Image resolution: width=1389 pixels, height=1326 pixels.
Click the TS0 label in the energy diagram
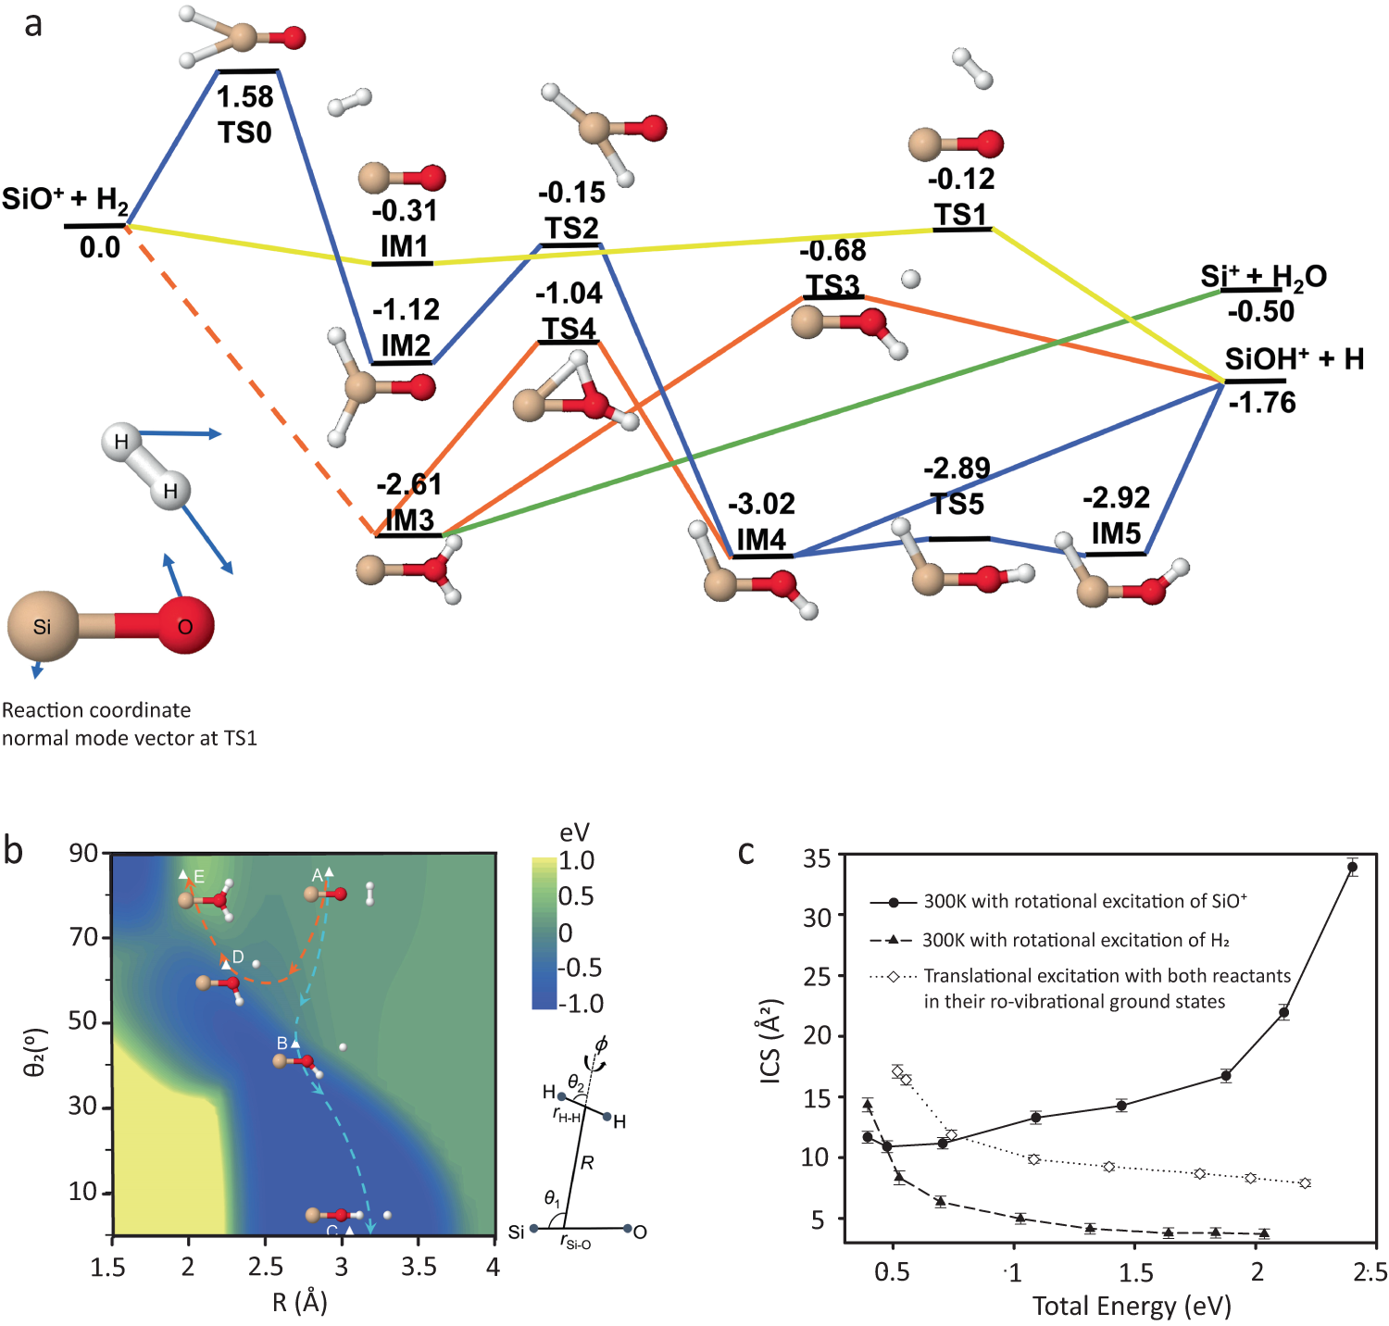[x=244, y=132]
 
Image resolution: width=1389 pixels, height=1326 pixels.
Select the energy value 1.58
[x=244, y=97]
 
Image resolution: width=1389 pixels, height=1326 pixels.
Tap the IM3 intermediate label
[x=409, y=519]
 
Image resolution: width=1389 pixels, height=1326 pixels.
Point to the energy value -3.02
[x=761, y=504]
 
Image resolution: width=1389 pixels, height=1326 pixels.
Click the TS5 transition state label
[x=957, y=504]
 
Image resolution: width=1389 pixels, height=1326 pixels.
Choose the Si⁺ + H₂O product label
[x=1263, y=276]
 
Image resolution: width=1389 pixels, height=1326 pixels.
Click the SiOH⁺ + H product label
[x=1294, y=359]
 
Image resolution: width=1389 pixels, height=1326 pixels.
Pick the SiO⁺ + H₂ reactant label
[x=65, y=199]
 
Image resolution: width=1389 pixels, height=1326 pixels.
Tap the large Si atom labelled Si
[x=43, y=627]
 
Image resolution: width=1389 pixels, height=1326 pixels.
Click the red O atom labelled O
[x=185, y=627]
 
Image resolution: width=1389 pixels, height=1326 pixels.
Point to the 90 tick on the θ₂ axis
[x=83, y=853]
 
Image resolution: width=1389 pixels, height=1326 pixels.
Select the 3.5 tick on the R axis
[x=419, y=1267]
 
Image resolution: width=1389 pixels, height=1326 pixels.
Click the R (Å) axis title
[x=300, y=1302]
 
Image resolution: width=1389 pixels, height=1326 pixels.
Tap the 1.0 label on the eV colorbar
[x=576, y=860]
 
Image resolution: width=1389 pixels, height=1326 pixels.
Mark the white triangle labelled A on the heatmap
[x=329, y=872]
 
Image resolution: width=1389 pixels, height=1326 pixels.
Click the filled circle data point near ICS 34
[x=1352, y=868]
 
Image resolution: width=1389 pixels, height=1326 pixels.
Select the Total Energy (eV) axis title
[x=1132, y=1306]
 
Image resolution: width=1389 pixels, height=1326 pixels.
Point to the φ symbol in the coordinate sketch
[x=601, y=1045]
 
